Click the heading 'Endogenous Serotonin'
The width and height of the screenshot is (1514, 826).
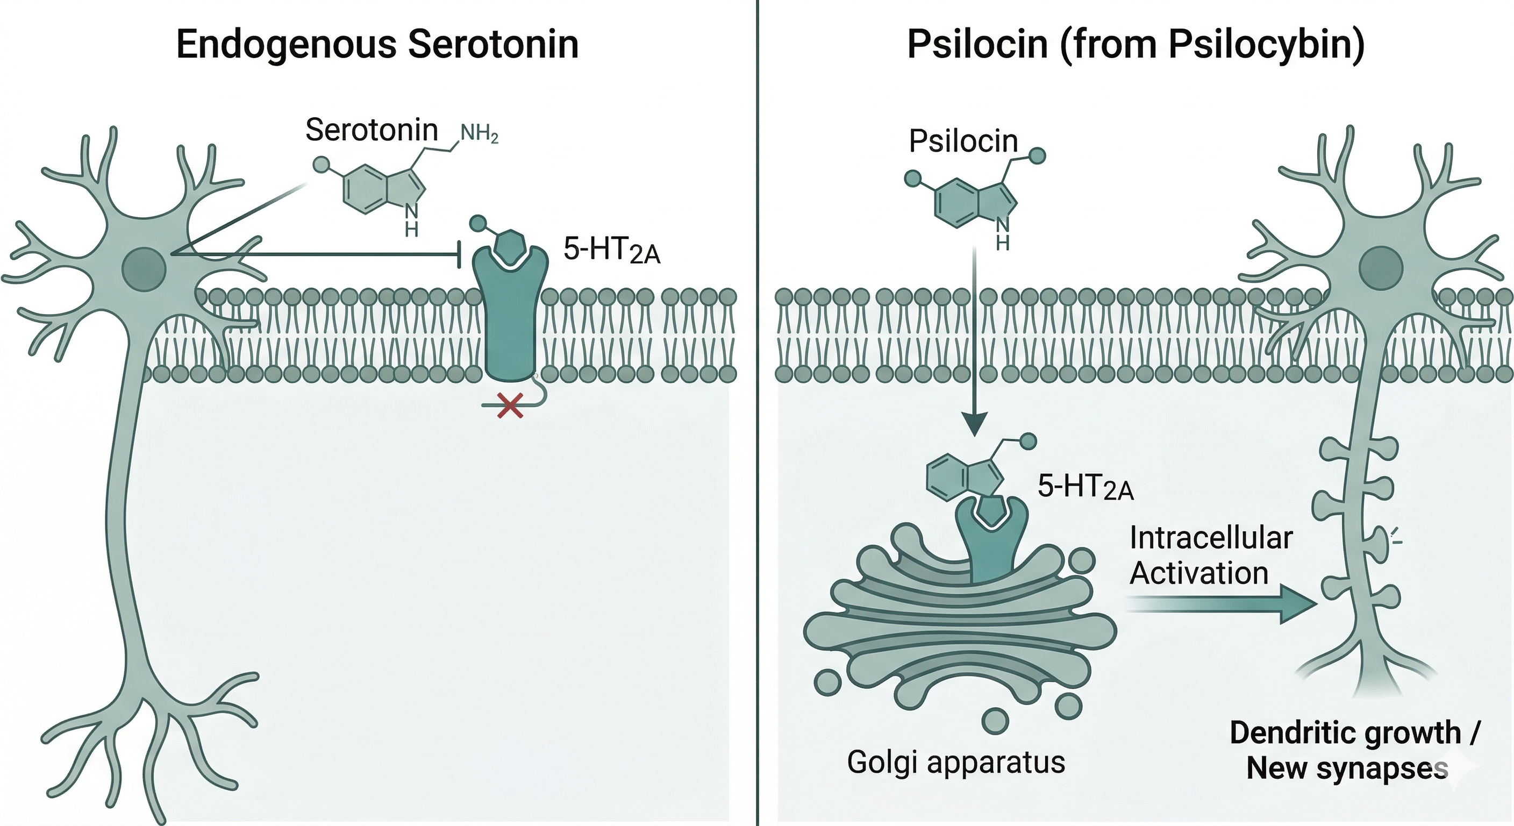click(377, 44)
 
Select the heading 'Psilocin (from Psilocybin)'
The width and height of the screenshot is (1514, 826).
click(1135, 44)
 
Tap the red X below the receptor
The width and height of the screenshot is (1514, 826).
click(510, 405)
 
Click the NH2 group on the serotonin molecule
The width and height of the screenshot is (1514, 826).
click(479, 134)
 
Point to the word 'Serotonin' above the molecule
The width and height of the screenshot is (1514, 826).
click(372, 130)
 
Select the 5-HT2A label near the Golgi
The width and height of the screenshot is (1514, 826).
click(1085, 487)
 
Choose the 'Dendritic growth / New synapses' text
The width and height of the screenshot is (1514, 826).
click(1352, 750)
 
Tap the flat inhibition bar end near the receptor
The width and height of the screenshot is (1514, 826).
click(459, 254)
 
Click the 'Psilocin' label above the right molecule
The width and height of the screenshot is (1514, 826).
click(963, 141)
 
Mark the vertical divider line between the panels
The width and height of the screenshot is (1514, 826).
click(757, 411)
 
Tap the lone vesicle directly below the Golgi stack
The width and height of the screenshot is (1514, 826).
click(995, 721)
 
